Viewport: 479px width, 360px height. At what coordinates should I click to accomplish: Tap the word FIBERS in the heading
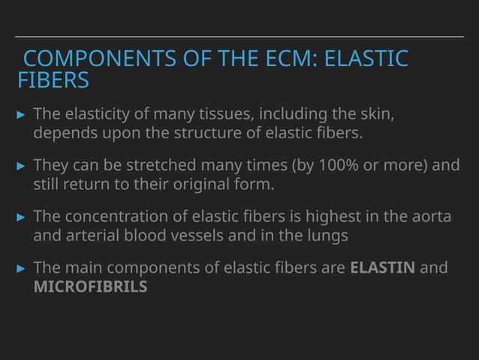53,80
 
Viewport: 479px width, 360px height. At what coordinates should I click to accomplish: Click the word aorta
432,216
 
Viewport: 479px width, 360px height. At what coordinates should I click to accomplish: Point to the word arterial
95,236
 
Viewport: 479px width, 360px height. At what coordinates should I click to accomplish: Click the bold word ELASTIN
382,268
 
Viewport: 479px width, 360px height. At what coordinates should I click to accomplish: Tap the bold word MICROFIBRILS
90,287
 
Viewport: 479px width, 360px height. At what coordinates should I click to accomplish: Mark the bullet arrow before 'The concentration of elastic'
21,217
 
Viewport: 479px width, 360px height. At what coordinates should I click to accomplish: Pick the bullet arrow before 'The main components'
21,268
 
